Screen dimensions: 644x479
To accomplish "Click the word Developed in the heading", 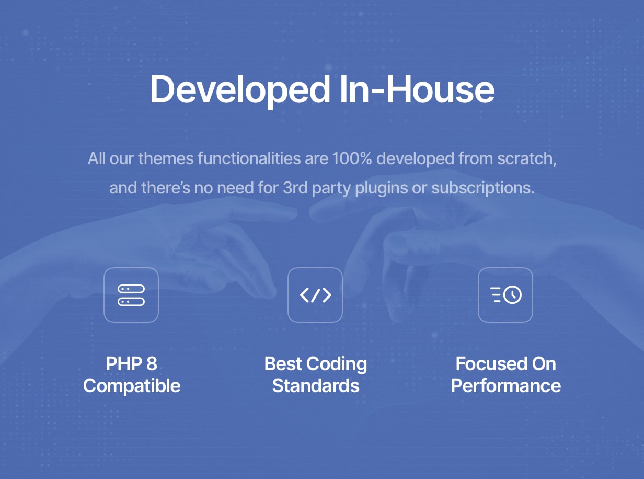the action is click(239, 90).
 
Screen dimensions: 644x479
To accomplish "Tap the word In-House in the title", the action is click(417, 89).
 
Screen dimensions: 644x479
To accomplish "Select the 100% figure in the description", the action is click(352, 158).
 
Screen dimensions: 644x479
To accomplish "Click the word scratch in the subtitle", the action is click(527, 159).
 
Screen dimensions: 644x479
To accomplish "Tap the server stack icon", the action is click(131, 295).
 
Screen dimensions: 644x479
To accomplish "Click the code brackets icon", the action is click(315, 295).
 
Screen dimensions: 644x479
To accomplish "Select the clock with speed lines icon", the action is click(506, 295).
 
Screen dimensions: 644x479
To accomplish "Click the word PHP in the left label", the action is click(123, 363).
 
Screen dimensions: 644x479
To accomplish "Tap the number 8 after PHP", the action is click(152, 363).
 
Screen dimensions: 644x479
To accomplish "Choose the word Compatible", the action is click(132, 386).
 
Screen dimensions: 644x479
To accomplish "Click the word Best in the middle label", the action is click(283, 363).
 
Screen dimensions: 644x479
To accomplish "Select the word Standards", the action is click(316, 386).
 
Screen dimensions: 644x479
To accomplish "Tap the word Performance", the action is click(506, 386).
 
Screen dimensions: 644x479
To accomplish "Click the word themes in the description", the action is click(166, 158).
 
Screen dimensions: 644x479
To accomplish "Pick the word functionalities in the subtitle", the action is click(249, 158).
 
